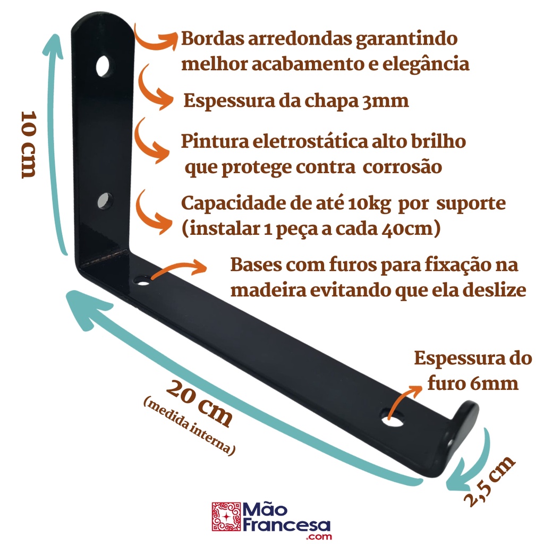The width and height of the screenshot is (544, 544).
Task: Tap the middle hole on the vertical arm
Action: click(105, 201)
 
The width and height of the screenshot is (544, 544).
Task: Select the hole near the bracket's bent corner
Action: click(142, 279)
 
